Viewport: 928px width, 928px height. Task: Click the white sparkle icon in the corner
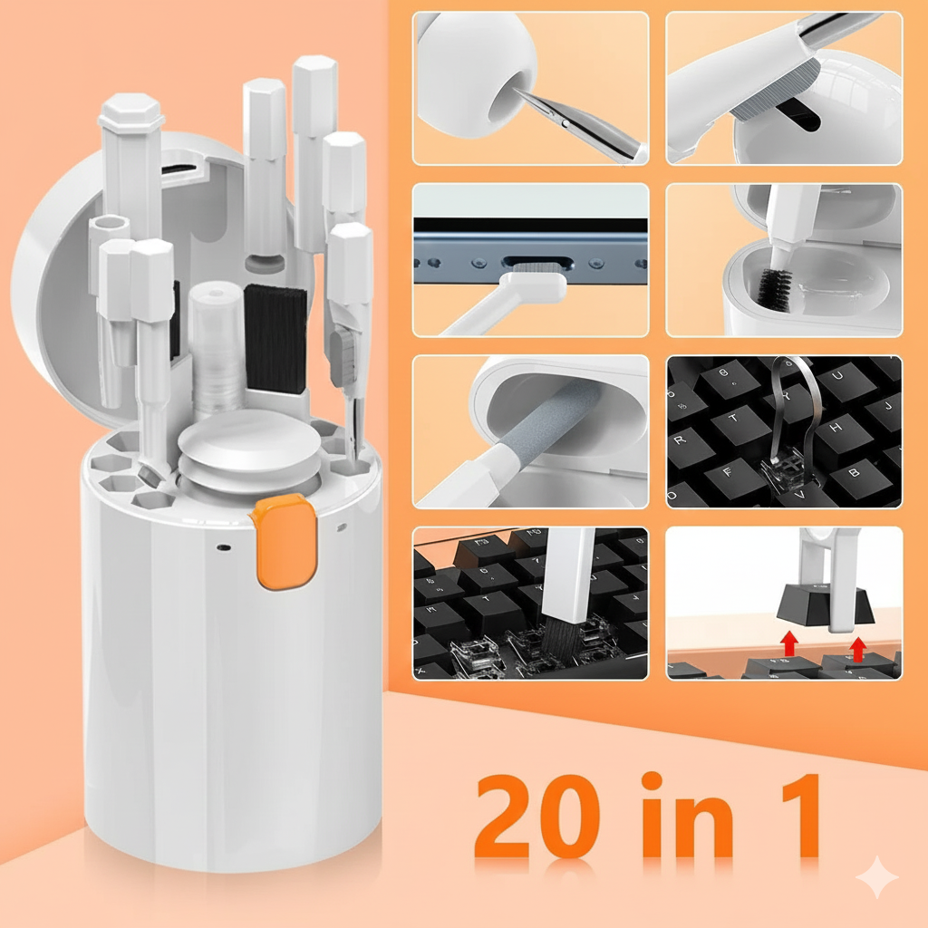(876, 876)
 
